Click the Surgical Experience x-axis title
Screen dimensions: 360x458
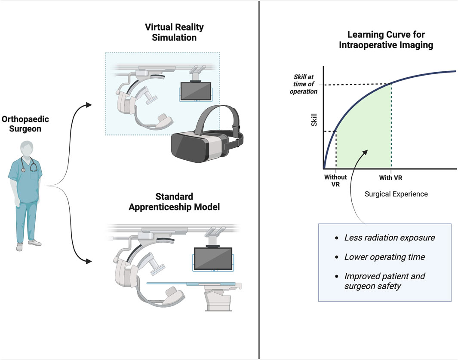(396, 194)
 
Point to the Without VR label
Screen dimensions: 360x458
(335, 181)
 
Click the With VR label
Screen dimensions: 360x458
(390, 177)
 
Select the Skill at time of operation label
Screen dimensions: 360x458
(304, 84)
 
